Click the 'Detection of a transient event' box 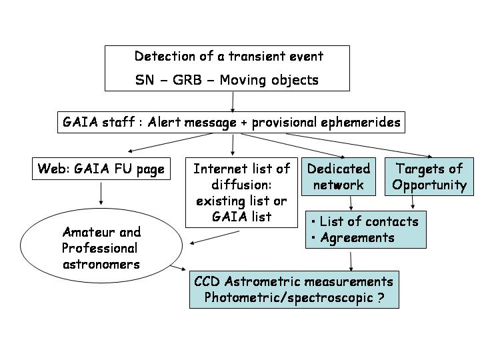(x=227, y=67)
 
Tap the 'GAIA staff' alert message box (x=231, y=123)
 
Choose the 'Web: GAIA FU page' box (x=101, y=169)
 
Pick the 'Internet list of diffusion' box (x=241, y=193)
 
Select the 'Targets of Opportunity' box (x=429, y=177)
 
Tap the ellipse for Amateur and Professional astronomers (x=101, y=247)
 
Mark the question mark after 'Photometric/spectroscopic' (x=380, y=297)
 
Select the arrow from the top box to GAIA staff (x=233, y=101)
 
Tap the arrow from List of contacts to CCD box (x=351, y=260)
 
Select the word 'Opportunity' (x=429, y=185)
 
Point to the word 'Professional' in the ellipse (x=99, y=248)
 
